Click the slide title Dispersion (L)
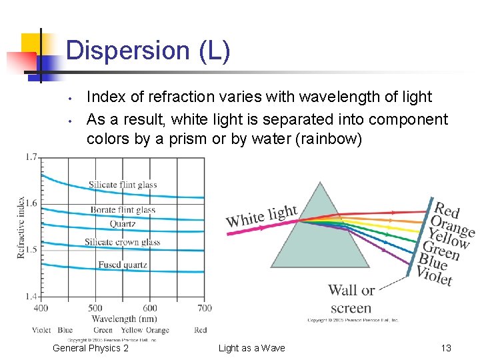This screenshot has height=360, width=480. [x=148, y=51]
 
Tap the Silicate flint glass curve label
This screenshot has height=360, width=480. [x=123, y=185]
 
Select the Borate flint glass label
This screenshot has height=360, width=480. [x=123, y=210]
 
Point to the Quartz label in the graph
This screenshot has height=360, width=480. [x=123, y=224]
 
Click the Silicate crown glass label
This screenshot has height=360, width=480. [x=123, y=242]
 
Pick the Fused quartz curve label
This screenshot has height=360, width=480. [x=123, y=265]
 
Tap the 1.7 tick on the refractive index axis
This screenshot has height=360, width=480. [x=31, y=157]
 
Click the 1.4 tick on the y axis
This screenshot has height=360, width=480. [x=31, y=296]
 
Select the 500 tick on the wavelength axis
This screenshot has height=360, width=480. [x=95, y=308]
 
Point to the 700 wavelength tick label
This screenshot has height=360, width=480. [x=205, y=308]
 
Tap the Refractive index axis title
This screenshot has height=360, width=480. [x=21, y=227]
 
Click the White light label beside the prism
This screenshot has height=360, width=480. [x=261, y=216]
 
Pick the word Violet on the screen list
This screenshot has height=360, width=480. [x=434, y=274]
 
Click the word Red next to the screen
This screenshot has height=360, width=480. [x=447, y=211]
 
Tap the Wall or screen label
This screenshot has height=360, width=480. [x=351, y=299]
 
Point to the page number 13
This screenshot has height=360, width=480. [x=446, y=348]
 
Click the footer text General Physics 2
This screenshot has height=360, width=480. [x=91, y=348]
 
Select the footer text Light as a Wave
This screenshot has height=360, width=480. [x=251, y=348]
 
